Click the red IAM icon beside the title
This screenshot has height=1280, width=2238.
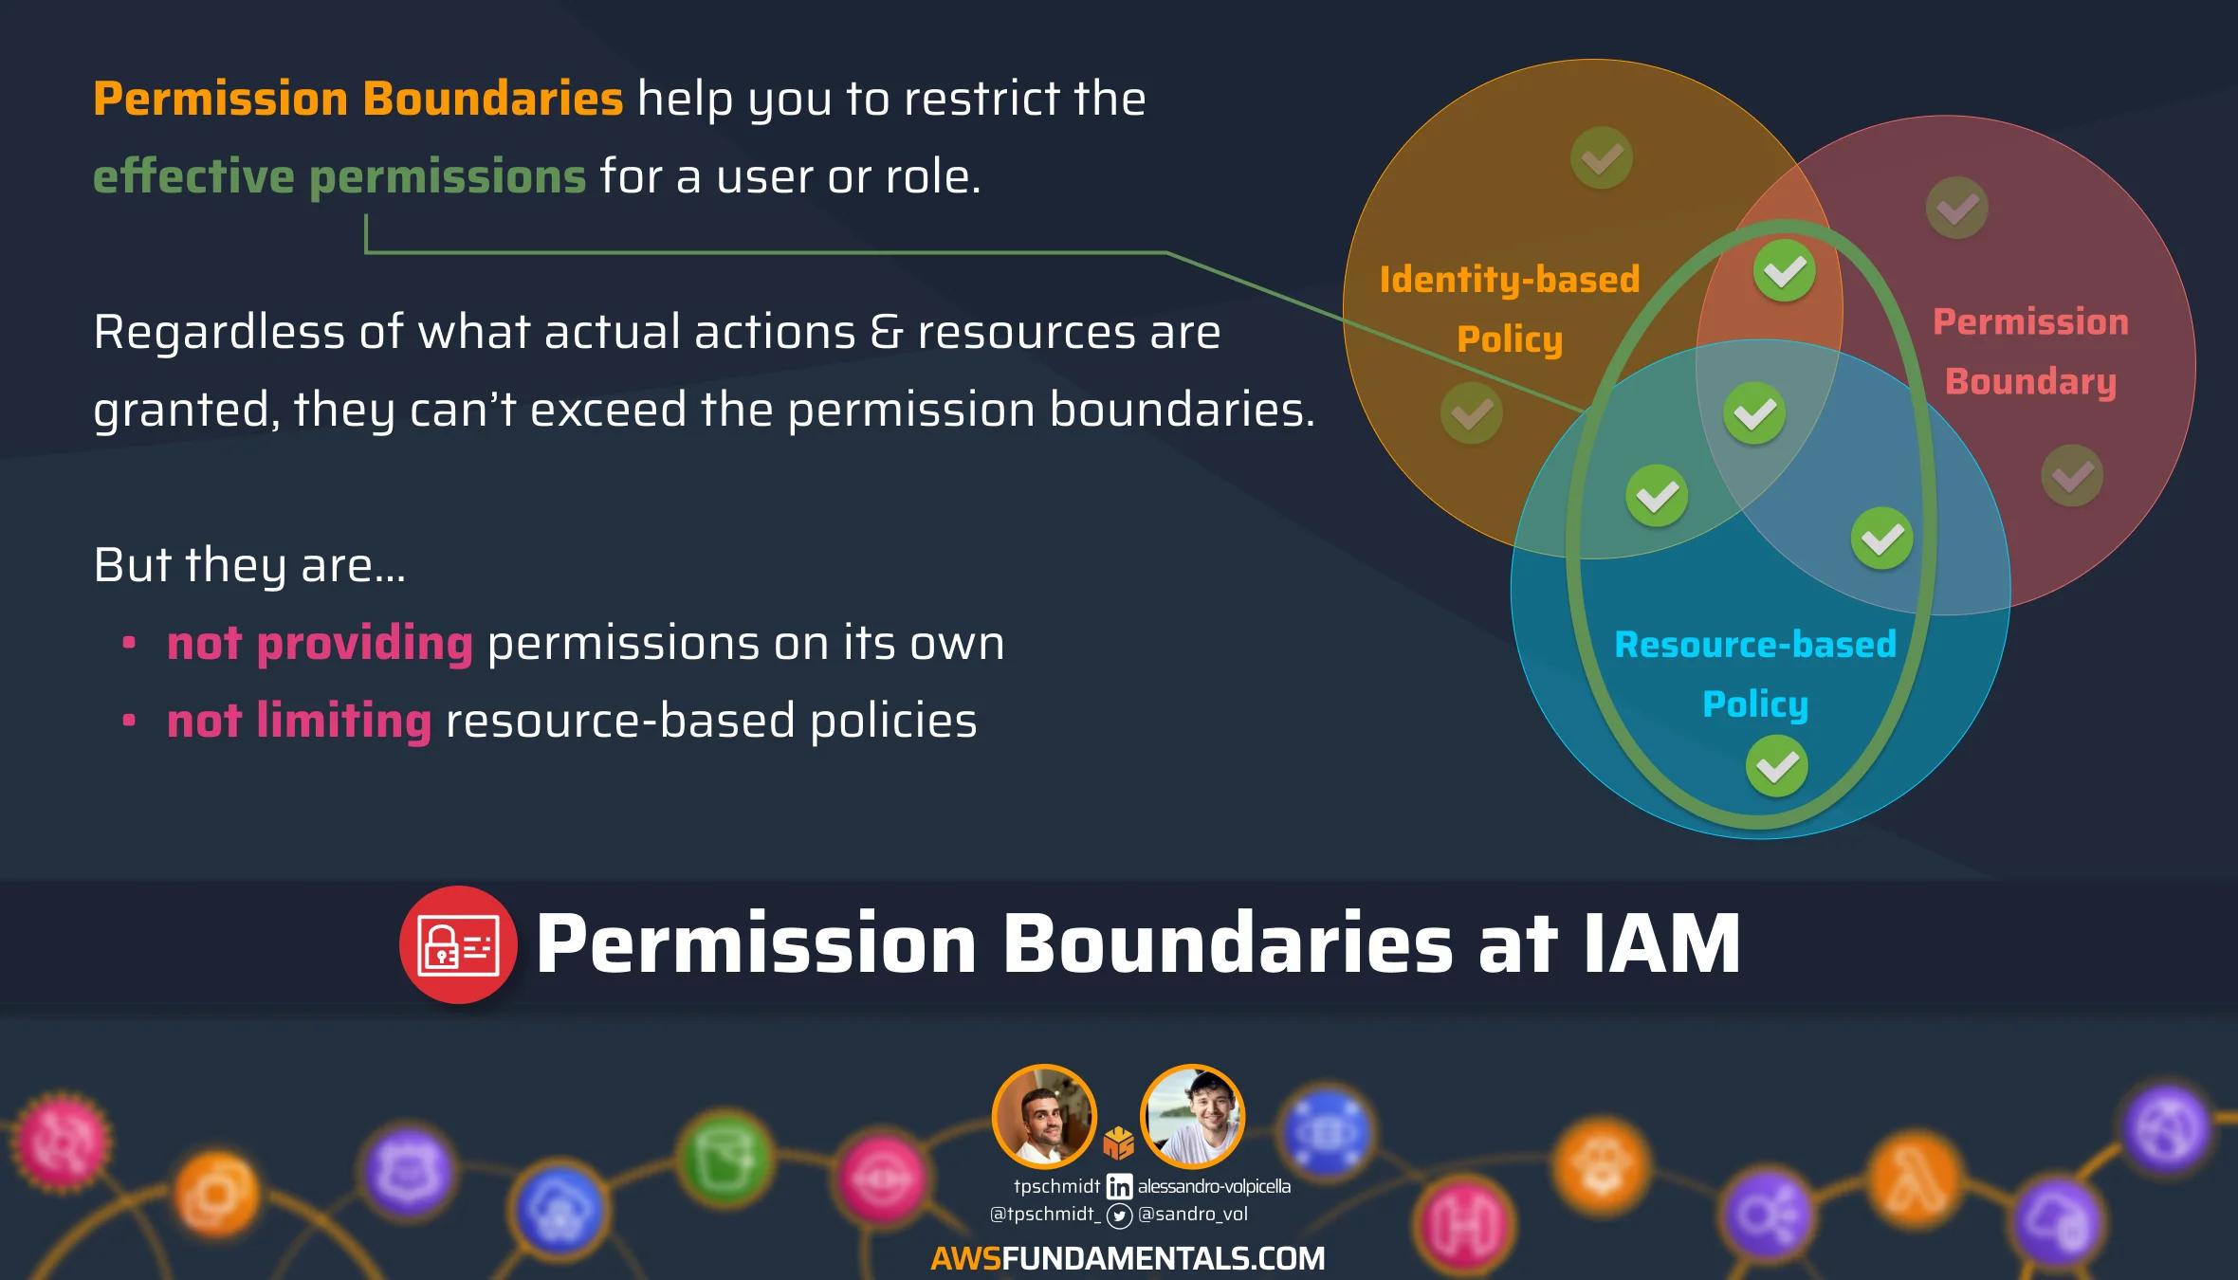click(458, 944)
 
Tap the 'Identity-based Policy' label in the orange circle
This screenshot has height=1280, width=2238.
click(1510, 309)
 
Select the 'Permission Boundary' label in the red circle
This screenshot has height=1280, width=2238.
click(2030, 352)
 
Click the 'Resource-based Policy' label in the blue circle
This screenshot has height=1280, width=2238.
click(1755, 674)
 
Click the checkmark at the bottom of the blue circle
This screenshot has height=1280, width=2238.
click(1776, 766)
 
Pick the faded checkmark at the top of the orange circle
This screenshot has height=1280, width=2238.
click(1602, 157)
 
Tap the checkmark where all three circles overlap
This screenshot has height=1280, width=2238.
click(1754, 413)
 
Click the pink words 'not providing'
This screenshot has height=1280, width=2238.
click(320, 643)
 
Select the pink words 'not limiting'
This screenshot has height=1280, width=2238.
click(299, 721)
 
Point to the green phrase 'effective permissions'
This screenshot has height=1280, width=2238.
click(339, 176)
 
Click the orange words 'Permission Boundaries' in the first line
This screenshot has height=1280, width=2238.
click(358, 99)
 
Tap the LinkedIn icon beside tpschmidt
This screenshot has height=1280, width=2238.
click(1119, 1186)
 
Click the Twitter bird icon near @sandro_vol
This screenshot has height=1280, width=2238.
click(1120, 1216)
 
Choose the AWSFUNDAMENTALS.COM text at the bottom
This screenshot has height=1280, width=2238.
click(1128, 1258)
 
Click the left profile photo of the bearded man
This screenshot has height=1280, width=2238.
click(1044, 1116)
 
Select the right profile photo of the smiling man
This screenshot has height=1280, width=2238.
click(1192, 1116)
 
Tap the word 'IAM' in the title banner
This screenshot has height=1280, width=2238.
click(1661, 944)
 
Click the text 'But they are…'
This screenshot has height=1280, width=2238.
click(249, 565)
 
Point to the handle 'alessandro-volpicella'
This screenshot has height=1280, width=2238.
click(1214, 1186)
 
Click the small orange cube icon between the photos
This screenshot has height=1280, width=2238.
click(1119, 1143)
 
